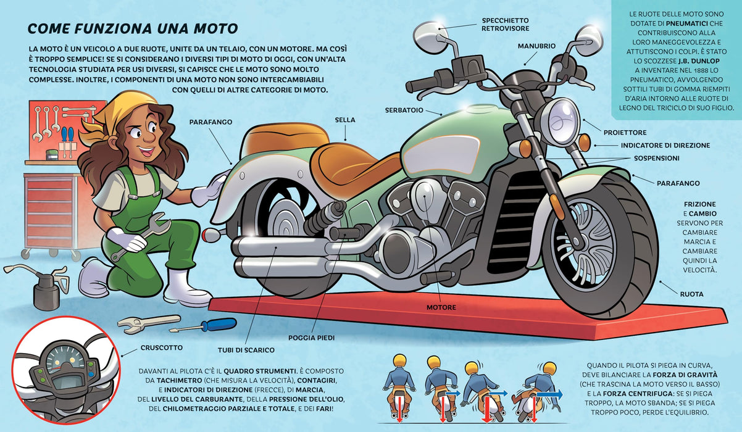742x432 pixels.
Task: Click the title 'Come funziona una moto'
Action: pos(133,29)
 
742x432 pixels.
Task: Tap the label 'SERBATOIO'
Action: pos(404,110)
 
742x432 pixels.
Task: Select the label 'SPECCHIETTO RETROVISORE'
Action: pos(506,25)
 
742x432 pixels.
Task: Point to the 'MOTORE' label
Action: pos(441,307)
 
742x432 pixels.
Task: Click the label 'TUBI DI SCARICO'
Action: pos(246,350)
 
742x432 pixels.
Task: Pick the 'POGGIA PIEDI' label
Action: pos(311,338)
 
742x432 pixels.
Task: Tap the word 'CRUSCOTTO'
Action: pos(162,347)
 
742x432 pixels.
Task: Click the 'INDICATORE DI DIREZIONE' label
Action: pos(665,145)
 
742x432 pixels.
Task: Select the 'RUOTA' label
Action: pos(691,294)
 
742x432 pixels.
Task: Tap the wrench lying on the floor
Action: pos(149,323)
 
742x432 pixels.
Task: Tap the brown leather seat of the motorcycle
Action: pos(351,165)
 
